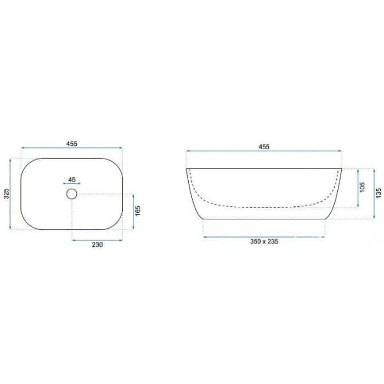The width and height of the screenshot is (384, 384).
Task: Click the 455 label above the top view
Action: pos(71,144)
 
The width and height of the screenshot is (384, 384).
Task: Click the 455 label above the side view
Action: pos(264,146)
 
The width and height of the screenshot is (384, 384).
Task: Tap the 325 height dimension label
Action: pos(7,194)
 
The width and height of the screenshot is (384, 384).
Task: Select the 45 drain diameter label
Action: pos(72,179)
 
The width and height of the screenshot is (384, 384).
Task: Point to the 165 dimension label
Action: pos(138,211)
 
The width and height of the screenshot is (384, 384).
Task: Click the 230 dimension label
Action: pos(97,245)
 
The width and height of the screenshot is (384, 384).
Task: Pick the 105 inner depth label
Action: pos(363,187)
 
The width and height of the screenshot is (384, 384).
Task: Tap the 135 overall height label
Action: pos(379,193)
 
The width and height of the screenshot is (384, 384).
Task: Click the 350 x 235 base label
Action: pos(264,241)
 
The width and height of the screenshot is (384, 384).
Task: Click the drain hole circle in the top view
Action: pos(72,189)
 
